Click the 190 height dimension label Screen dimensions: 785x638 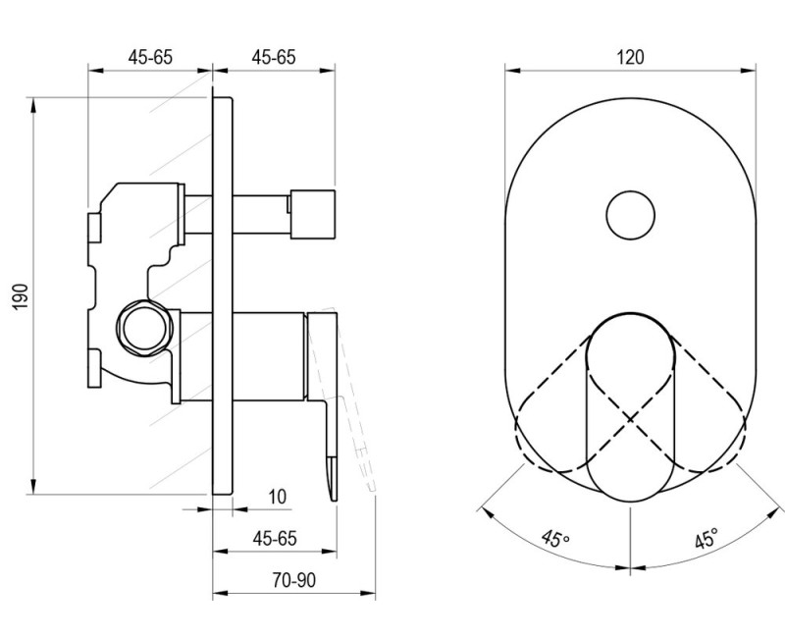tap(21, 296)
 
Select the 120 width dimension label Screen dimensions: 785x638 tap(630, 57)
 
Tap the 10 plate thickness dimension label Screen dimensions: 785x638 tap(278, 497)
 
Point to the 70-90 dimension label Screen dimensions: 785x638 tap(294, 580)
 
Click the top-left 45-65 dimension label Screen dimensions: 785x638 tap(150, 57)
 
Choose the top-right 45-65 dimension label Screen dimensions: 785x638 tap(274, 57)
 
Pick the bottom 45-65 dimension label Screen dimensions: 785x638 tap(275, 538)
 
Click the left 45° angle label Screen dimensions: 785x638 tap(555, 539)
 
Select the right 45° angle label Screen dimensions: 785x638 tap(706, 538)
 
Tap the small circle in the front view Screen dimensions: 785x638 tap(630, 215)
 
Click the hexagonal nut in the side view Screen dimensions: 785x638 tap(144, 328)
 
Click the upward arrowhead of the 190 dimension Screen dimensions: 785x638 tap(33, 106)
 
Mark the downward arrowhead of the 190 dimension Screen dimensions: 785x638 tap(33, 486)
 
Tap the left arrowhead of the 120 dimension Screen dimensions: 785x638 tap(512, 71)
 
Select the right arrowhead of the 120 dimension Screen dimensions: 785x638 tap(748, 71)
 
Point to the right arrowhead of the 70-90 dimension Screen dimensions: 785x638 tap(368, 594)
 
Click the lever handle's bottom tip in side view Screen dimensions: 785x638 tap(334, 501)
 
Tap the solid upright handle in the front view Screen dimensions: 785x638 tap(630, 406)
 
